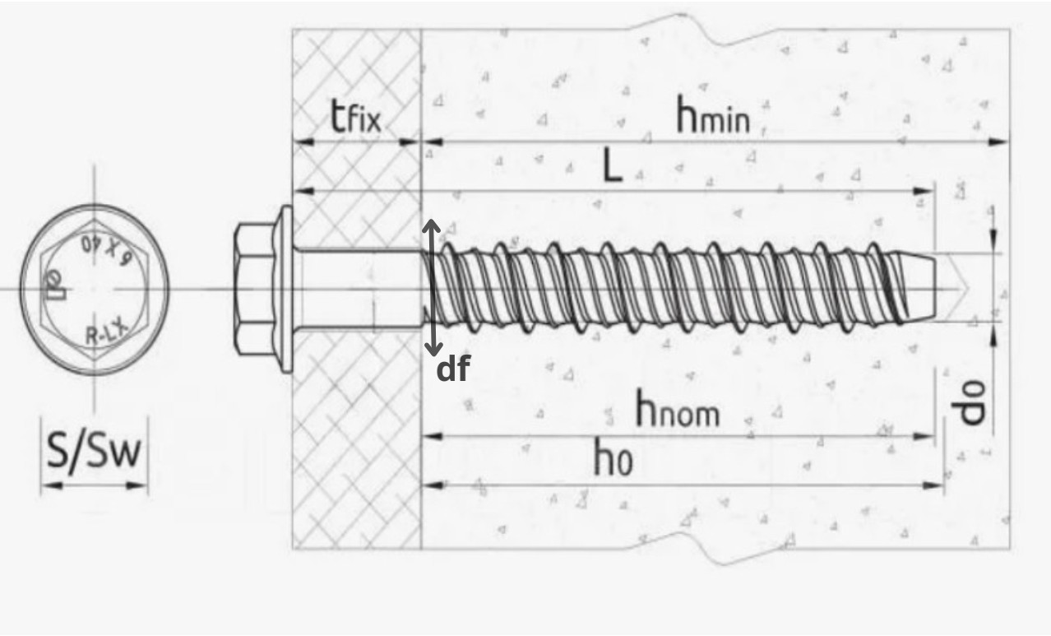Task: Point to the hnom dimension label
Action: pos(677,408)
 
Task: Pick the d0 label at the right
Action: pos(972,402)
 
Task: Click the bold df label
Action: pos(452,370)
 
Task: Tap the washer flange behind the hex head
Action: pos(285,289)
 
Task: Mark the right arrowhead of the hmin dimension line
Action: pos(1000,142)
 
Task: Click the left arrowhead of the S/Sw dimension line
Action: pos(49,486)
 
